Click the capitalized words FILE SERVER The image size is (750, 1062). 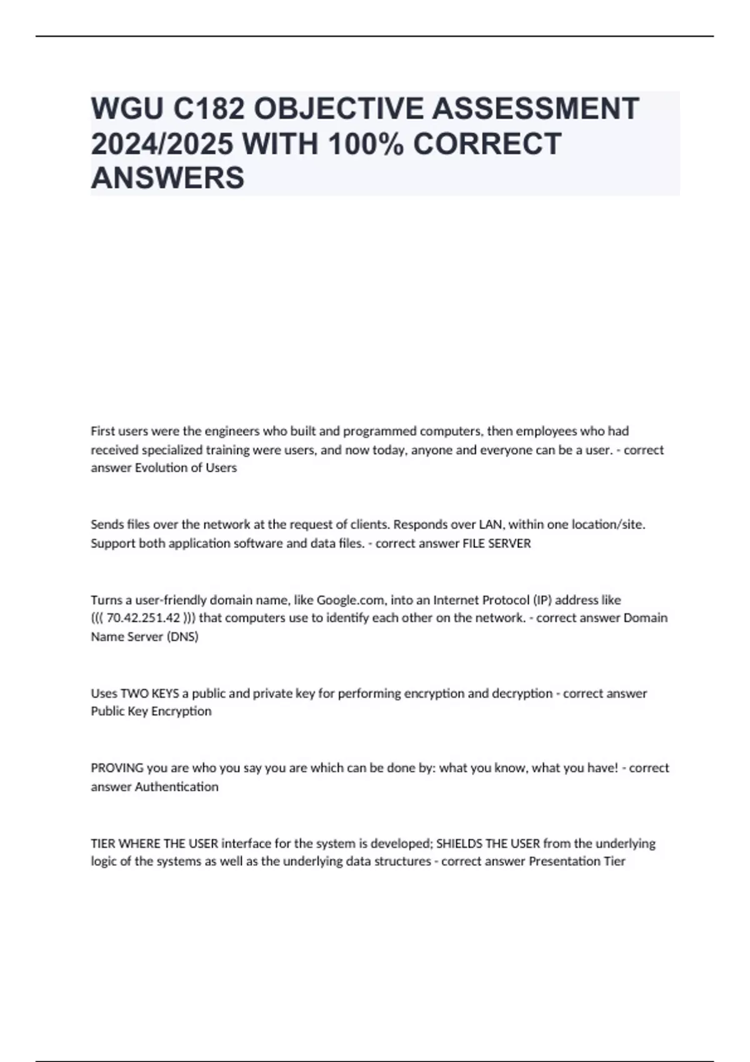pos(496,543)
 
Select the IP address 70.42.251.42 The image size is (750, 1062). pos(143,618)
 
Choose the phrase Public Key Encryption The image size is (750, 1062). pos(151,712)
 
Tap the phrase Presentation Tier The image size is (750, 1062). pos(577,861)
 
